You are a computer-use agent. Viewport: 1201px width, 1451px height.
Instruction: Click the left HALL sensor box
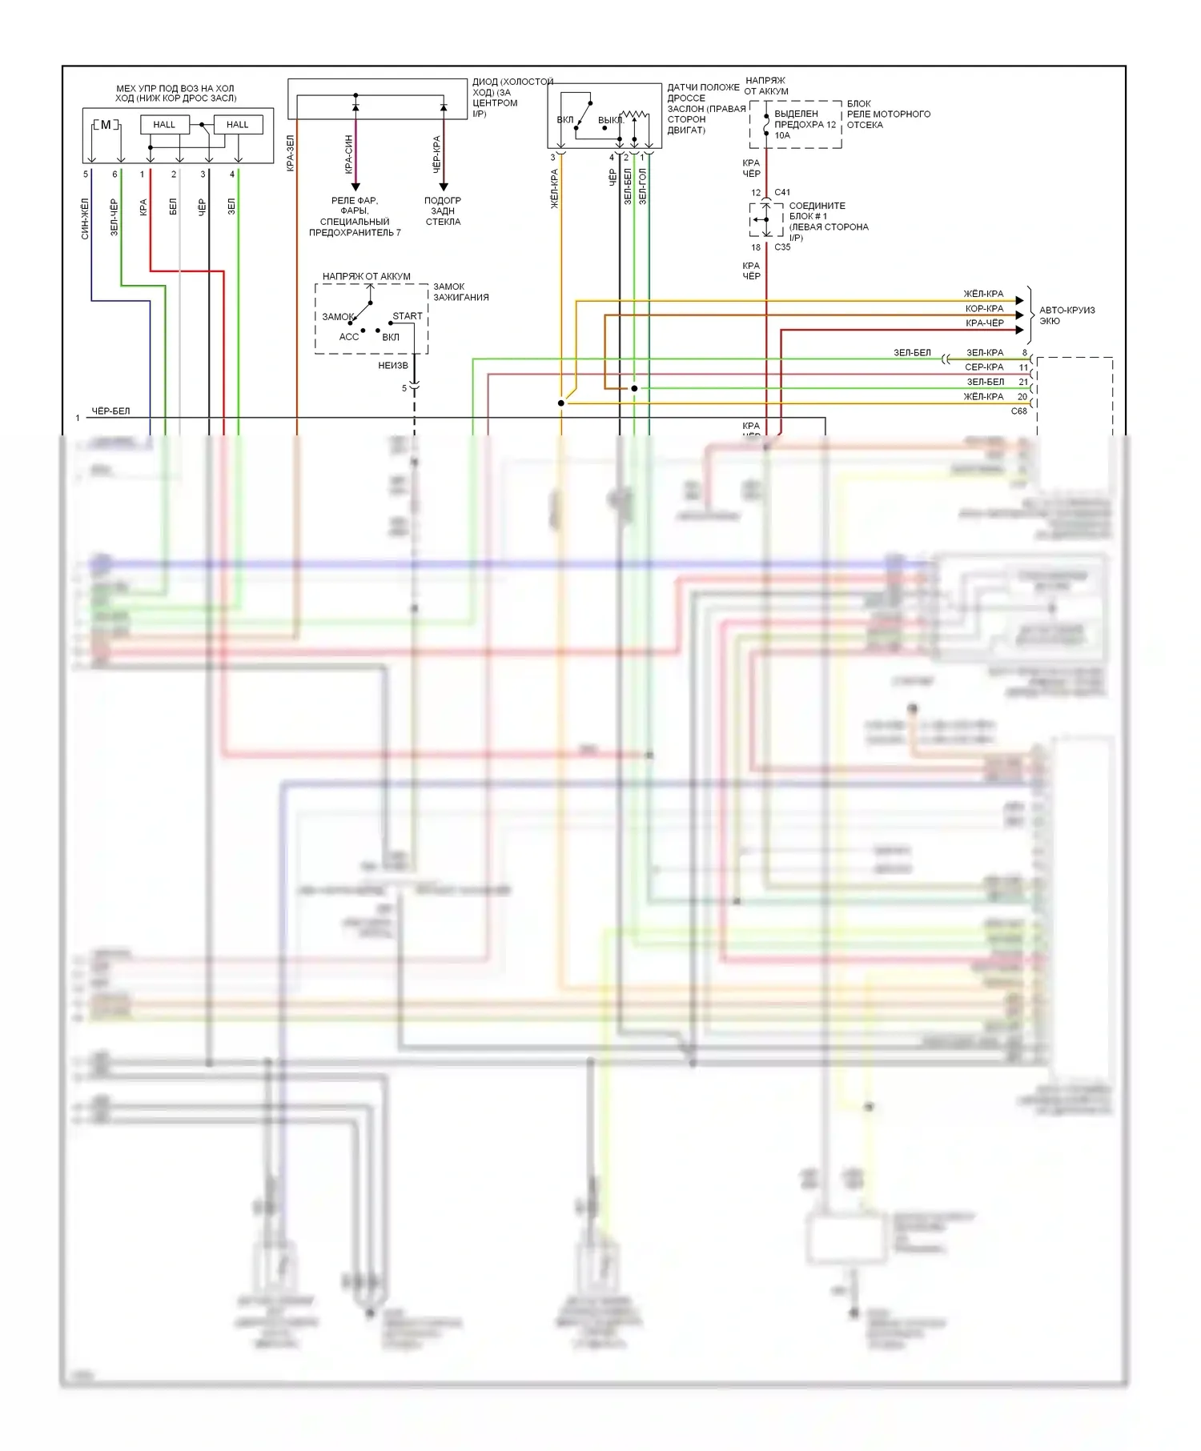pyautogui.click(x=164, y=125)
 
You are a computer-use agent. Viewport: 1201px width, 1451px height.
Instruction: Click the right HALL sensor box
pyautogui.click(x=238, y=125)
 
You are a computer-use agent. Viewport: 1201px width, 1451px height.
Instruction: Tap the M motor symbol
pyautogui.click(x=106, y=125)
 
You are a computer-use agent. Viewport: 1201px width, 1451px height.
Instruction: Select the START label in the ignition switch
pyautogui.click(x=407, y=316)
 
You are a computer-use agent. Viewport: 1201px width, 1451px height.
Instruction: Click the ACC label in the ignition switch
pyautogui.click(x=349, y=337)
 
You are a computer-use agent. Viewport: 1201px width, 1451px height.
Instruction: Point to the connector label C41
pyautogui.click(x=782, y=192)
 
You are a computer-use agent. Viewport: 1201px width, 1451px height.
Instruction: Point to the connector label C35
pyautogui.click(x=782, y=247)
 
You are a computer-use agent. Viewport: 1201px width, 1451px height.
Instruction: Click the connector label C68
pyautogui.click(x=1018, y=411)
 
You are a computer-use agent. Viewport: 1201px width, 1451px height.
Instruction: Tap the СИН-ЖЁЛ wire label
pyautogui.click(x=86, y=219)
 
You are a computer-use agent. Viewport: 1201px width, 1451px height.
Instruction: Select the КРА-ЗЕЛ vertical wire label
pyautogui.click(x=291, y=153)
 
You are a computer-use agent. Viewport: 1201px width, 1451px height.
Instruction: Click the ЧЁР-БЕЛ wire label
pyautogui.click(x=110, y=411)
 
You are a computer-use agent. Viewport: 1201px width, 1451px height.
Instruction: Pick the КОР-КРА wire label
pyautogui.click(x=984, y=309)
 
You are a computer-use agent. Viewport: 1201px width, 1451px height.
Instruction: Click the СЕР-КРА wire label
pyautogui.click(x=984, y=367)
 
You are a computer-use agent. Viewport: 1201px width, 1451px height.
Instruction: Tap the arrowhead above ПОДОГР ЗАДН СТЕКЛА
pyautogui.click(x=444, y=187)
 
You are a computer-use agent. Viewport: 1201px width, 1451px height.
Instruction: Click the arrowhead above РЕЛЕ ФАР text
pyautogui.click(x=355, y=187)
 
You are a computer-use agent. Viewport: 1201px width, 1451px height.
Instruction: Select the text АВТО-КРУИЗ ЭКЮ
pyautogui.click(x=1066, y=315)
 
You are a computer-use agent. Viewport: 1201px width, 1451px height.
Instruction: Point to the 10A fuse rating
pyautogui.click(x=782, y=135)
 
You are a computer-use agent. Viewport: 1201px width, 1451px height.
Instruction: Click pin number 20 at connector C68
pyautogui.click(x=1022, y=397)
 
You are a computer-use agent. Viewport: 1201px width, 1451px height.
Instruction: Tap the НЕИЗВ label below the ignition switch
pyautogui.click(x=393, y=366)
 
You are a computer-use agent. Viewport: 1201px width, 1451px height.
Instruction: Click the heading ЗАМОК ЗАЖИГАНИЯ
pyautogui.click(x=461, y=291)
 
